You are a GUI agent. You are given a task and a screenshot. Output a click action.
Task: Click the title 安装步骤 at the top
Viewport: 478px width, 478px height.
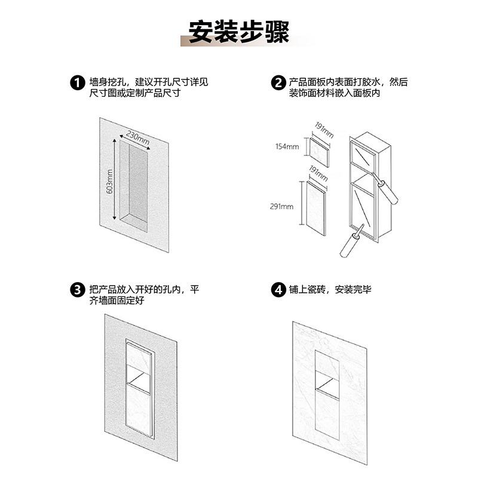tap(238, 32)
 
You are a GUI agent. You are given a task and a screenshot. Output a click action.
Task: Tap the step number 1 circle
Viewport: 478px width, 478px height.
tap(76, 82)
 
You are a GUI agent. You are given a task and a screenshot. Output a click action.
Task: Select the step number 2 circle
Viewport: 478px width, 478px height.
tap(278, 82)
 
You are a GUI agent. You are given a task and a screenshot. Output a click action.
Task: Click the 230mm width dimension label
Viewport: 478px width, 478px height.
tap(137, 139)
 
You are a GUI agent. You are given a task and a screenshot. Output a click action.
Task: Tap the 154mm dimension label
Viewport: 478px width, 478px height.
tap(287, 146)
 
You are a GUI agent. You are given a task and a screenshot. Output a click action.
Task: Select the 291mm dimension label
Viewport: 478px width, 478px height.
tap(283, 207)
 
